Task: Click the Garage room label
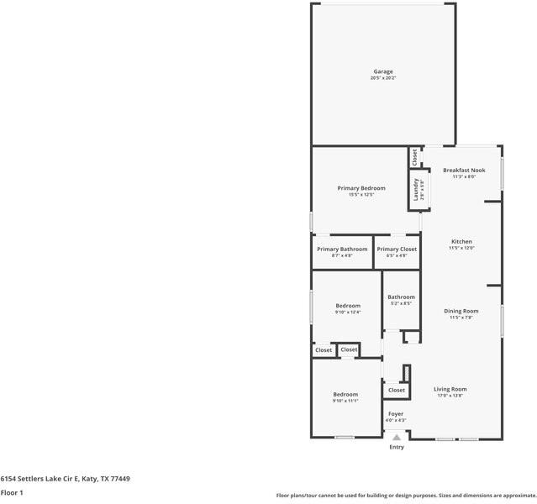[x=383, y=71]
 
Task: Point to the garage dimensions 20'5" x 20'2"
[x=383, y=78]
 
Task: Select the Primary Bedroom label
[x=361, y=188]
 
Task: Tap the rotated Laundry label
[x=415, y=189]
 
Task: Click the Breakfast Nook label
[x=464, y=170]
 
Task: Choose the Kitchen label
[x=461, y=242]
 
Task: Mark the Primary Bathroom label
[x=342, y=249]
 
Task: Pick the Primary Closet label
[x=397, y=249]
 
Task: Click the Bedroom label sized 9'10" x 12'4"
[x=348, y=306]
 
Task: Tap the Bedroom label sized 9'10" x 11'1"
[x=345, y=395]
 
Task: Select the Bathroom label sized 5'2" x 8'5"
[x=401, y=297]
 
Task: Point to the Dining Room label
[x=461, y=312]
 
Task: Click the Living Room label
[x=450, y=389]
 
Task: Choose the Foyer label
[x=395, y=414]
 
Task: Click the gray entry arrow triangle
[x=397, y=437]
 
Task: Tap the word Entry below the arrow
[x=397, y=447]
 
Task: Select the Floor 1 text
[x=12, y=493]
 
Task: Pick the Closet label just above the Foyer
[x=397, y=390]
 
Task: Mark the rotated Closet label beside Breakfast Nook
[x=414, y=156]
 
